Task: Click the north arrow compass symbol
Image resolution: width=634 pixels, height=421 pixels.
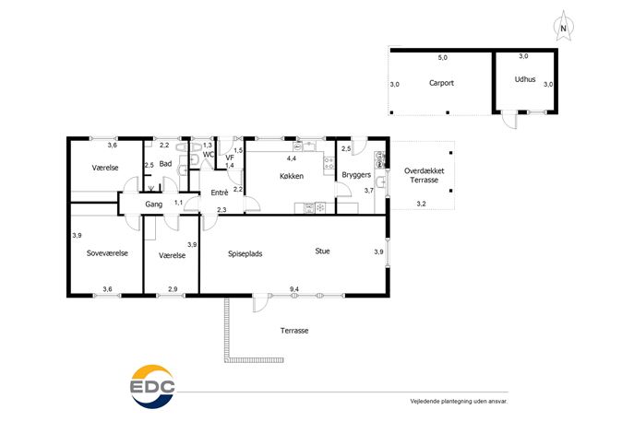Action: (x=563, y=26)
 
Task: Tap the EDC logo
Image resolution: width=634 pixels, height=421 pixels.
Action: (x=153, y=386)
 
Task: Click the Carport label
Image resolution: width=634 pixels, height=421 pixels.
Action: (x=441, y=83)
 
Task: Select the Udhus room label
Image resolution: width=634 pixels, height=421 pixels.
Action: (x=525, y=79)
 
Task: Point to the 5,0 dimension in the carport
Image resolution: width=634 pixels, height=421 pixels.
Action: (x=443, y=58)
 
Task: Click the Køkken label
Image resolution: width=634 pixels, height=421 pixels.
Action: (x=292, y=176)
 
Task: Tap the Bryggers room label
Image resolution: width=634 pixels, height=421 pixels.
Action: (x=356, y=175)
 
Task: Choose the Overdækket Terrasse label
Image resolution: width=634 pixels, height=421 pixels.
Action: (x=425, y=176)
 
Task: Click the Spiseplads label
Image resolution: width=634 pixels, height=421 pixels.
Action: (x=245, y=254)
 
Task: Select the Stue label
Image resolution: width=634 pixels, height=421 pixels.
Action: (x=322, y=251)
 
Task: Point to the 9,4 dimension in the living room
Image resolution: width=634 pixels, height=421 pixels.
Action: (x=294, y=289)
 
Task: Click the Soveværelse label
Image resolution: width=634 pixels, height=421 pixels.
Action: (x=107, y=253)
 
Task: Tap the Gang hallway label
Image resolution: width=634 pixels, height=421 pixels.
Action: (x=153, y=205)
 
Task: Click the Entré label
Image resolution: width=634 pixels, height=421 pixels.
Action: (x=220, y=193)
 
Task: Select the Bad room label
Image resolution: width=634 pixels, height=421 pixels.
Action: (x=165, y=164)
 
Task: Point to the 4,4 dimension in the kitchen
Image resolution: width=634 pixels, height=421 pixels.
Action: (x=291, y=158)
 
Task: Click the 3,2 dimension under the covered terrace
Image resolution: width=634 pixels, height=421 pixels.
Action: (x=422, y=204)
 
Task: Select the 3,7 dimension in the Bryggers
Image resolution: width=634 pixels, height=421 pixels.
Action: (x=369, y=191)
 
